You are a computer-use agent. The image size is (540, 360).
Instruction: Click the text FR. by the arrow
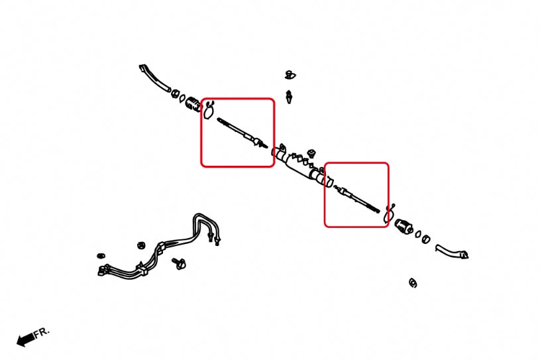point(42,333)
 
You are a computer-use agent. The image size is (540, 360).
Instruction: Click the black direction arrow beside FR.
point(26,339)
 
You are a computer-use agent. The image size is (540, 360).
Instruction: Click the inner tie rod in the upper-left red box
point(243,133)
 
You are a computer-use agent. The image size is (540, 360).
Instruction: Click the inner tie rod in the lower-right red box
point(356,199)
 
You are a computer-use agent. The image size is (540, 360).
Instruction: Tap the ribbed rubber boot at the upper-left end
point(193,104)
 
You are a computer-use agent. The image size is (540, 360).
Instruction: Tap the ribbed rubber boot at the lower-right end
point(404,226)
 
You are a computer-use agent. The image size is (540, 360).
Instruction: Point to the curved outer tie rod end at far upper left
point(154,78)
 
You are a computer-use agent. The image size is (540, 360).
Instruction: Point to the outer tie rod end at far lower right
point(451,251)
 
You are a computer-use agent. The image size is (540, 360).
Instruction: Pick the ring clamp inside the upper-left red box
point(209,110)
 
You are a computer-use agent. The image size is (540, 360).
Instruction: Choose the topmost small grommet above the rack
point(290,75)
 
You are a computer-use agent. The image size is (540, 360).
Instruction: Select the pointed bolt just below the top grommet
point(289,97)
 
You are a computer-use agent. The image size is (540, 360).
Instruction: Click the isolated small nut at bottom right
point(413,283)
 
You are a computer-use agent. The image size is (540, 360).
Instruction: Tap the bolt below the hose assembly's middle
point(179,263)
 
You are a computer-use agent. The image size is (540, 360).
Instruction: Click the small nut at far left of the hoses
point(101,256)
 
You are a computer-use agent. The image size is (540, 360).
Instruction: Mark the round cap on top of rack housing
point(311,153)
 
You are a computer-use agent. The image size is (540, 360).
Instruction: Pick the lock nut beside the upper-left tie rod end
point(176,93)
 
